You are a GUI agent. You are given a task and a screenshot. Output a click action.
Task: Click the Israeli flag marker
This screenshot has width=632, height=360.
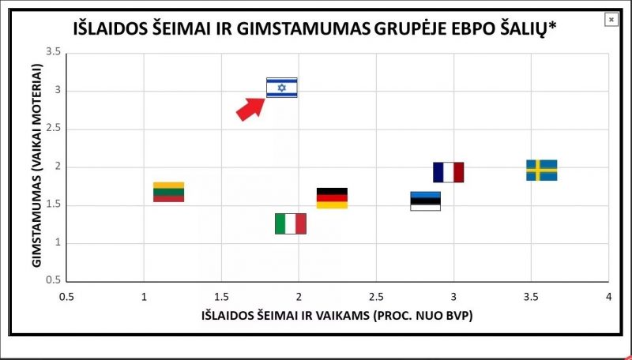tap(281, 88)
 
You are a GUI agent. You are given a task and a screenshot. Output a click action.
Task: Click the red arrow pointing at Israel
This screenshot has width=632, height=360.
tap(250, 108)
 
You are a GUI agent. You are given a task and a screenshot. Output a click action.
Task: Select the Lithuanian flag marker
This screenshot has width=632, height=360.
tap(168, 192)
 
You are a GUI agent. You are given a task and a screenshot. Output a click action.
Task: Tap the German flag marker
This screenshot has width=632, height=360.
tap(332, 198)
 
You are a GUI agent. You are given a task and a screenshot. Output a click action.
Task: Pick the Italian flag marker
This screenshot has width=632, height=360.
tap(290, 223)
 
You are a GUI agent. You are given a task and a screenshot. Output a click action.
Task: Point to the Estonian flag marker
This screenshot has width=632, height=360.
tap(425, 201)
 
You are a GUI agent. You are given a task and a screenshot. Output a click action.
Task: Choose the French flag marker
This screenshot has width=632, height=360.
tap(448, 172)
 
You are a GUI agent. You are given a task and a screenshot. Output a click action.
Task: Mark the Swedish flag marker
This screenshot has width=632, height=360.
tap(541, 170)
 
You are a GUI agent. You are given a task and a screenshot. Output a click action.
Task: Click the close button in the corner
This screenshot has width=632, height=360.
tap(611, 20)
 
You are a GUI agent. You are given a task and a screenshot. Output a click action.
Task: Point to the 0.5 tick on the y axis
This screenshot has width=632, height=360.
tap(54, 280)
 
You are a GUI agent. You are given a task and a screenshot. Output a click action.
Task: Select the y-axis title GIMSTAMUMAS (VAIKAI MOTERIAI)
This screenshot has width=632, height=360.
tap(36, 167)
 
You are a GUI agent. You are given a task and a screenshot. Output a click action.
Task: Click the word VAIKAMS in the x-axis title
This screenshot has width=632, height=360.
tap(357, 316)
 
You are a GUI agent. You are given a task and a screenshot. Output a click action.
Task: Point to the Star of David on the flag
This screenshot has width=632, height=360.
tap(281, 88)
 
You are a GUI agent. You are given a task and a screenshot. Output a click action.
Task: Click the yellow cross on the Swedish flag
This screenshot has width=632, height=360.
tap(537, 170)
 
